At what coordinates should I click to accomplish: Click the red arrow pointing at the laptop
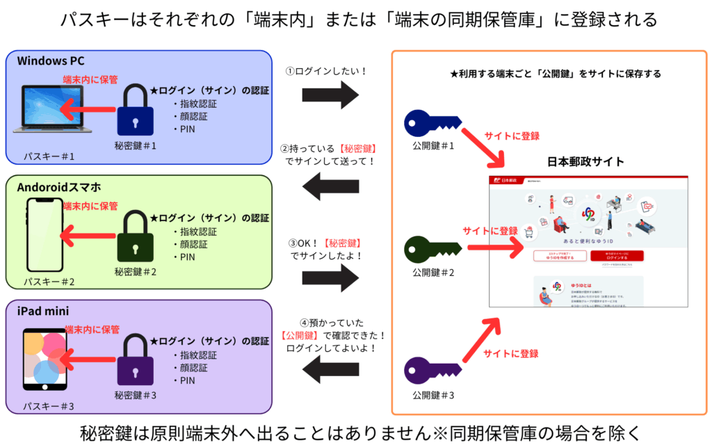(87, 108)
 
